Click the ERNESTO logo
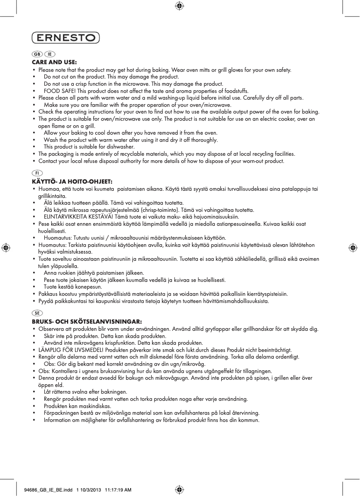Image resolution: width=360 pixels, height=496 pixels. (x=66, y=38)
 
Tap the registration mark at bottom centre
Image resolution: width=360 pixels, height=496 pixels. (x=180, y=490)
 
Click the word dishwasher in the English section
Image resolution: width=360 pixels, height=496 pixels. (x=121, y=147)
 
